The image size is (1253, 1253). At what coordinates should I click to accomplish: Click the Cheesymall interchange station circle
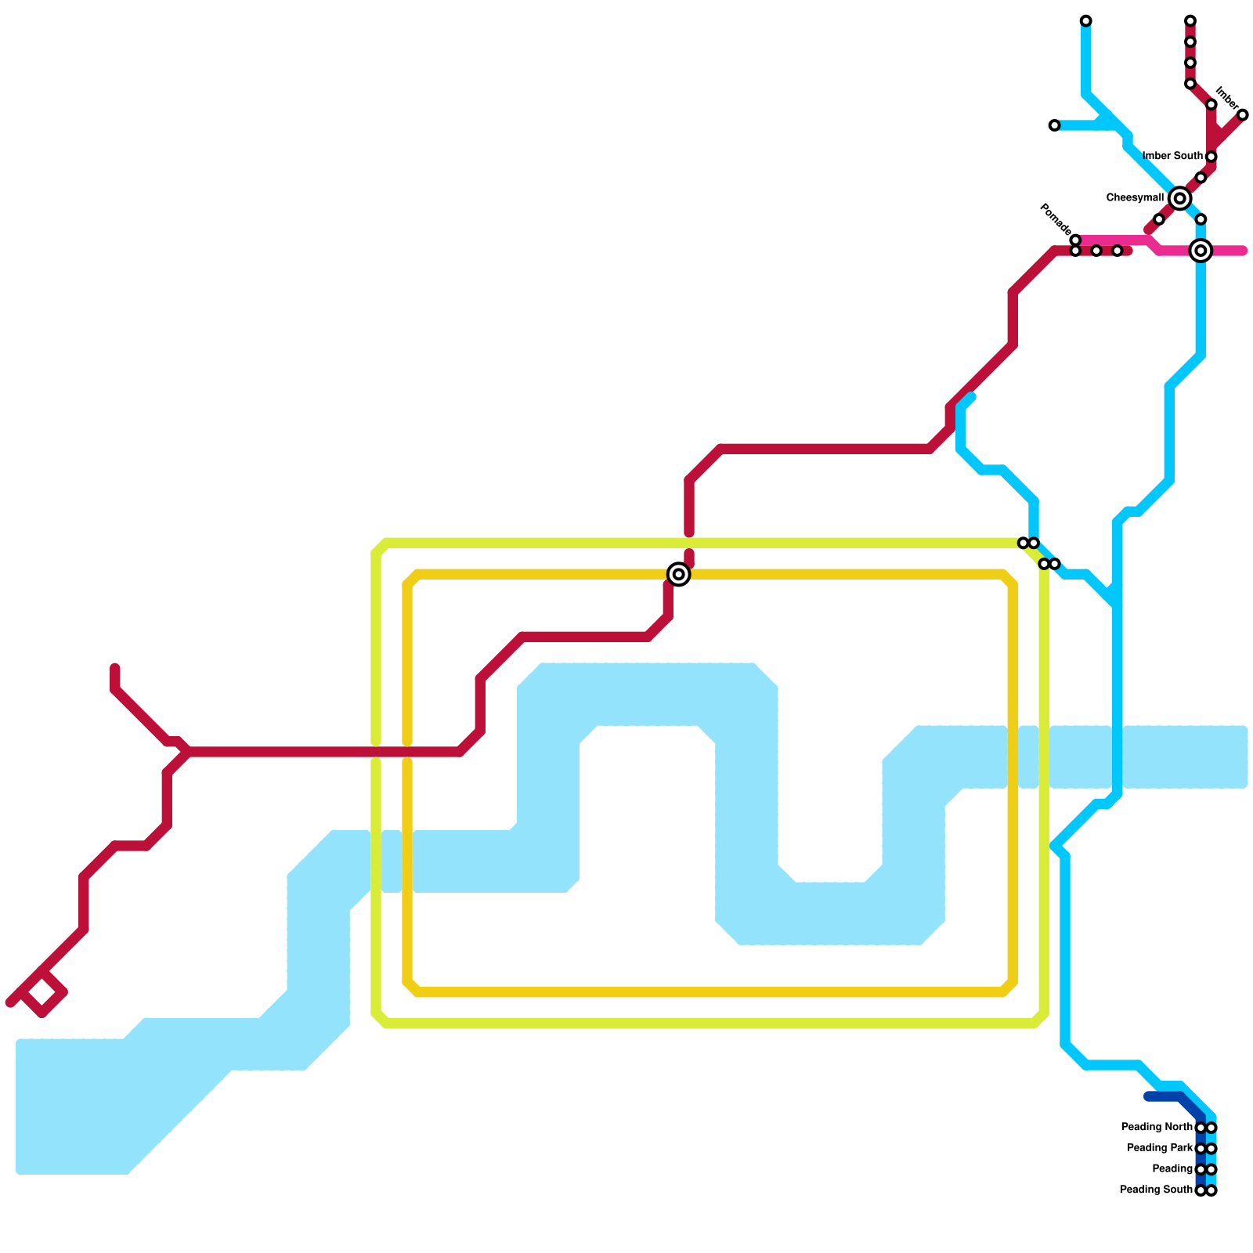coord(1179,199)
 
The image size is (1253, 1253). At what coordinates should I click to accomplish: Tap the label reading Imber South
coord(1172,156)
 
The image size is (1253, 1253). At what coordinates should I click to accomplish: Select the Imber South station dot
coord(1211,157)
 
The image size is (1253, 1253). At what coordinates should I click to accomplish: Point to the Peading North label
coord(1156,1128)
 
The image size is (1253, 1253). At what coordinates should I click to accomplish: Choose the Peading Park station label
coord(1159,1148)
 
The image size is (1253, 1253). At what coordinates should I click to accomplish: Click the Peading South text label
coord(1156,1190)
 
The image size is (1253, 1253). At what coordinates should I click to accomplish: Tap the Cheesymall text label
coord(1134,198)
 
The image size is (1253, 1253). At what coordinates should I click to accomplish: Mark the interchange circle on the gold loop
coord(679,575)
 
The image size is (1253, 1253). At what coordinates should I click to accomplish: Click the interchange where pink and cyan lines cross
coord(1201,251)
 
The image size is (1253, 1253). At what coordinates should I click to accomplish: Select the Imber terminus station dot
coord(1242,115)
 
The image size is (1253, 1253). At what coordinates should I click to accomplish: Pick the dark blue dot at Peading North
coord(1201,1128)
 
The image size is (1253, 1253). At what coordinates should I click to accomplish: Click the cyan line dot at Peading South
coord(1211,1190)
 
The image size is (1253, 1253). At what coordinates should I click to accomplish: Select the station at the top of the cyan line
coord(1085,20)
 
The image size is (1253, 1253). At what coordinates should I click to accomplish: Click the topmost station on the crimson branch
coord(1190,20)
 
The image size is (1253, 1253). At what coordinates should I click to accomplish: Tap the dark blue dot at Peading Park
coord(1201,1149)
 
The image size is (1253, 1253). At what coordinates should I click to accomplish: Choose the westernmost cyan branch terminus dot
coord(1054,125)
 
